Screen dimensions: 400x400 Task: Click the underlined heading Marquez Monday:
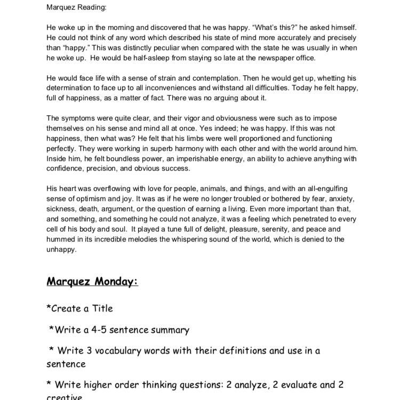[92, 281]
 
